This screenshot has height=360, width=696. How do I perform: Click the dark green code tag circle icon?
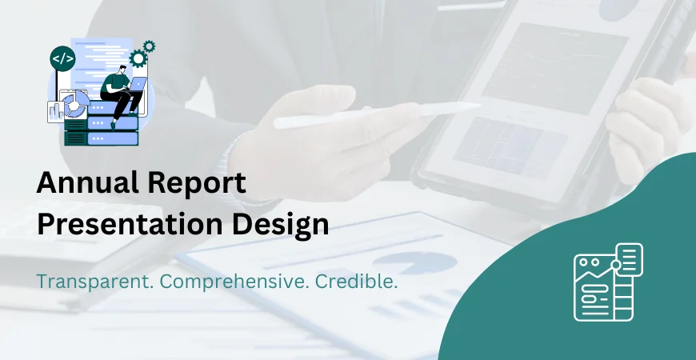point(62,58)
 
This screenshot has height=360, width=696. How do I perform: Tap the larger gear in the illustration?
point(138,58)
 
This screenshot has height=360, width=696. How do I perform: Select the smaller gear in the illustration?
point(149,46)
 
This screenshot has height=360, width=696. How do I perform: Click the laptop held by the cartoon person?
point(136,86)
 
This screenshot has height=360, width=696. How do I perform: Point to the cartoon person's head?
point(118,70)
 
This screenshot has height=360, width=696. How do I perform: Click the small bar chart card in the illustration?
point(56,111)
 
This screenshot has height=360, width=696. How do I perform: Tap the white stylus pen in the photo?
point(376,114)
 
